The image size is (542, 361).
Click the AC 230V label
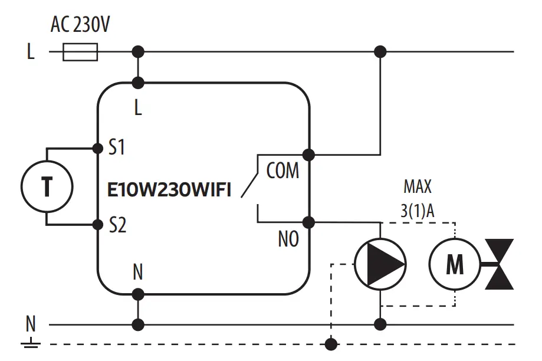click(x=80, y=25)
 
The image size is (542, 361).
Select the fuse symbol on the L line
click(x=80, y=52)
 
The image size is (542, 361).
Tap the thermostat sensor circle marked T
click(x=47, y=186)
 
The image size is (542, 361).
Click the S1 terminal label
click(x=117, y=147)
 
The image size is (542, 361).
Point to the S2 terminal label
click(x=117, y=225)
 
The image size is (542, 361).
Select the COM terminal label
click(x=283, y=171)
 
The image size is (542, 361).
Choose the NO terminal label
click(x=288, y=239)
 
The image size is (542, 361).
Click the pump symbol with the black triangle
click(x=380, y=264)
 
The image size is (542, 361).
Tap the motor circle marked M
click(x=454, y=265)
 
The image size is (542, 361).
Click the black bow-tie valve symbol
click(x=499, y=264)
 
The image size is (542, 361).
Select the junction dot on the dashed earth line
click(x=332, y=343)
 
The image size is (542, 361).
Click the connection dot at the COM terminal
click(x=308, y=155)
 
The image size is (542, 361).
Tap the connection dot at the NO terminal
click(x=308, y=222)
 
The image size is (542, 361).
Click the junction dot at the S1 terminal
click(x=98, y=147)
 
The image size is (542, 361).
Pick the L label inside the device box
click(x=138, y=109)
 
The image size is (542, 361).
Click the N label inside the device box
click(x=138, y=272)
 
